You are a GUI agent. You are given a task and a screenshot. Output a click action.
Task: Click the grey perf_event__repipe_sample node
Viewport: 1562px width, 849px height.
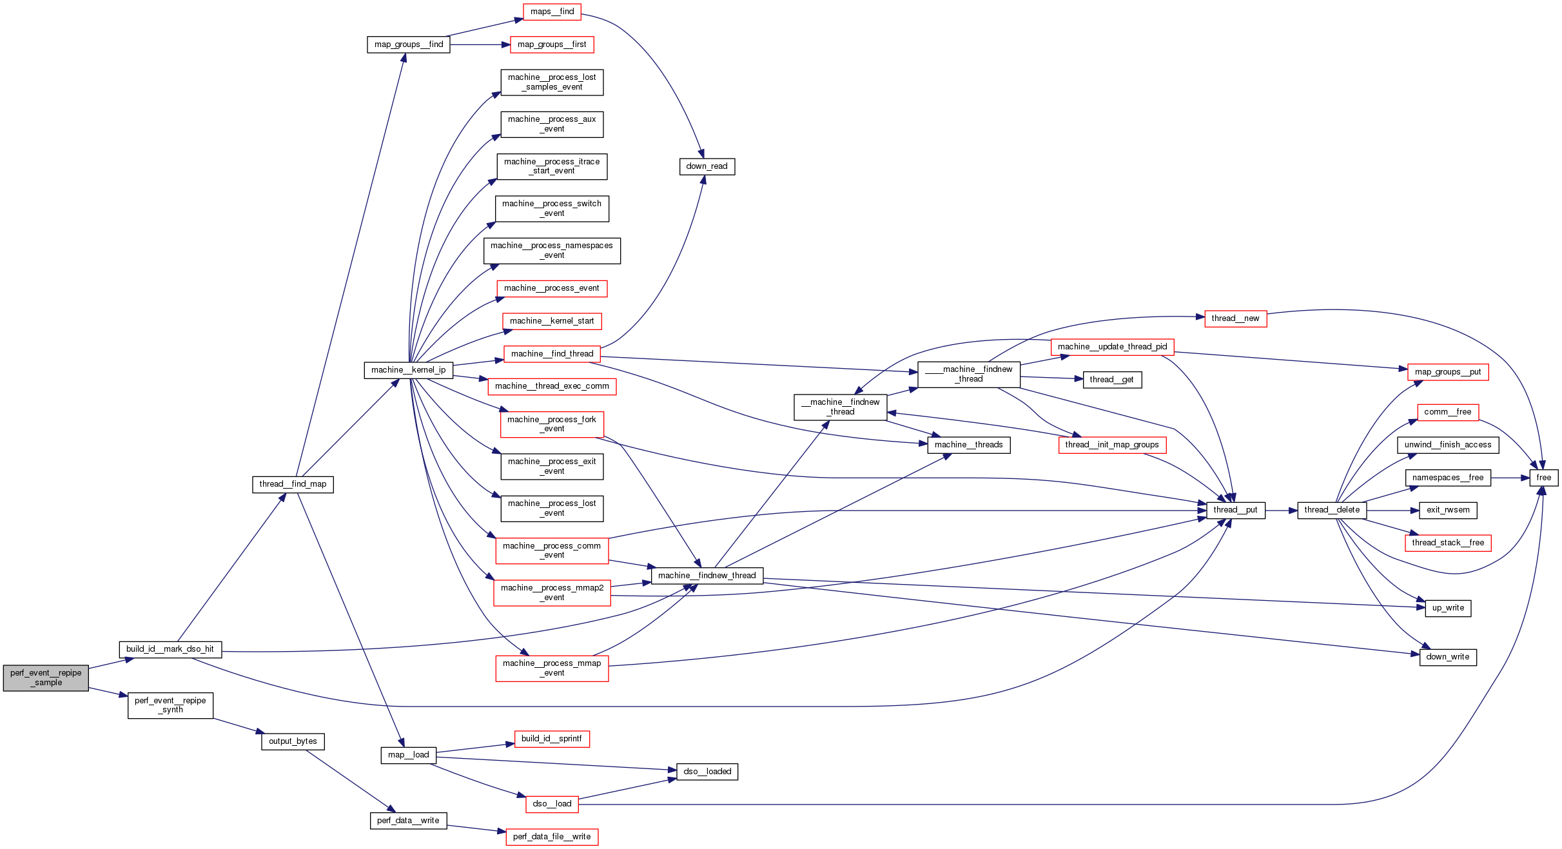pyautogui.click(x=46, y=678)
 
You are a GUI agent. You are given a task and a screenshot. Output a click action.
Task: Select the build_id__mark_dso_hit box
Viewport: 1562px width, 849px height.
pyautogui.click(x=170, y=649)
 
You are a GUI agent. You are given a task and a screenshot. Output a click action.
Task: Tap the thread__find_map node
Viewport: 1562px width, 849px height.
pyautogui.click(x=293, y=484)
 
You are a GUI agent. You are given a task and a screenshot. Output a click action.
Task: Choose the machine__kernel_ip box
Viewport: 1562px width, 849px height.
pyautogui.click(x=408, y=370)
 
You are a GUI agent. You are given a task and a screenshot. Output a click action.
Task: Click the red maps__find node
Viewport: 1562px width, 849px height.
pyautogui.click(x=552, y=12)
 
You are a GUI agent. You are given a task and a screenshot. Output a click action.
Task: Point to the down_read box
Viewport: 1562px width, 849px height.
pyautogui.click(x=707, y=166)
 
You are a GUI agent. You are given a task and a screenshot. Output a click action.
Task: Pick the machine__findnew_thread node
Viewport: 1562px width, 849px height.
pyautogui.click(x=707, y=576)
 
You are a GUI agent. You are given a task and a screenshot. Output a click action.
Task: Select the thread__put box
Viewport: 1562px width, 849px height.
pyautogui.click(x=1235, y=510)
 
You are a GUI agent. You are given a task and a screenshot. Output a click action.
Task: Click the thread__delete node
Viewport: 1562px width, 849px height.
pyautogui.click(x=1332, y=510)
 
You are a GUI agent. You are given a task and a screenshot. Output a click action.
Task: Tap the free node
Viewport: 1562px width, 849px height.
pyautogui.click(x=1543, y=478)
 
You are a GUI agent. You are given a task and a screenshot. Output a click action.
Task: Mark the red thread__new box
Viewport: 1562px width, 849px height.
pyautogui.click(x=1235, y=318)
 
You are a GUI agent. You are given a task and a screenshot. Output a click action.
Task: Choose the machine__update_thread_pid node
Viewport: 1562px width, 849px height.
pyautogui.click(x=1112, y=347)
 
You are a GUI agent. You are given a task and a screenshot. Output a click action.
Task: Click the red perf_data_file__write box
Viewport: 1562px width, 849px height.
pyautogui.click(x=552, y=837)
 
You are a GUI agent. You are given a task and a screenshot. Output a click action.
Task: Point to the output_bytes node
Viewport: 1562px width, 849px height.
pyautogui.click(x=293, y=741)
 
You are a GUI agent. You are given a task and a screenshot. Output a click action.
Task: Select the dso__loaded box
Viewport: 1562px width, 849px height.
pyautogui.click(x=707, y=772)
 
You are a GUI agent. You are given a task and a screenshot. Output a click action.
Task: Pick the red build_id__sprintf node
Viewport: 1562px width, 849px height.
pyautogui.click(x=552, y=739)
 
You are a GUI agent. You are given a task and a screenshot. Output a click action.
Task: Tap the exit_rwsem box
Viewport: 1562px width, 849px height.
pyautogui.click(x=1448, y=510)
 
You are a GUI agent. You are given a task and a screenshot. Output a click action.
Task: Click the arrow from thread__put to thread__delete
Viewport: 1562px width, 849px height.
pyautogui.click(x=1281, y=511)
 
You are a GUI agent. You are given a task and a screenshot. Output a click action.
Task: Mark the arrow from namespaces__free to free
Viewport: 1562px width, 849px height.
pyautogui.click(x=1510, y=478)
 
